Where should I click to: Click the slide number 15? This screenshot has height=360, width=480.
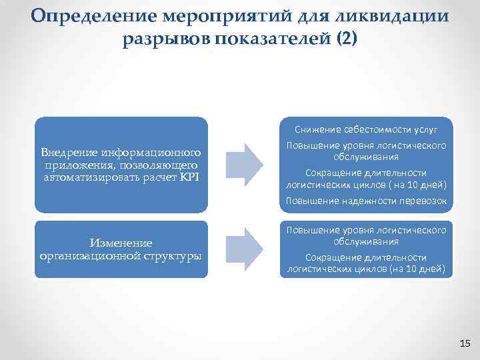point(465,343)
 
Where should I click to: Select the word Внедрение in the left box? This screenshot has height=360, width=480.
point(71,153)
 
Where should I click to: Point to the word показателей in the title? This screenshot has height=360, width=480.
point(267,39)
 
